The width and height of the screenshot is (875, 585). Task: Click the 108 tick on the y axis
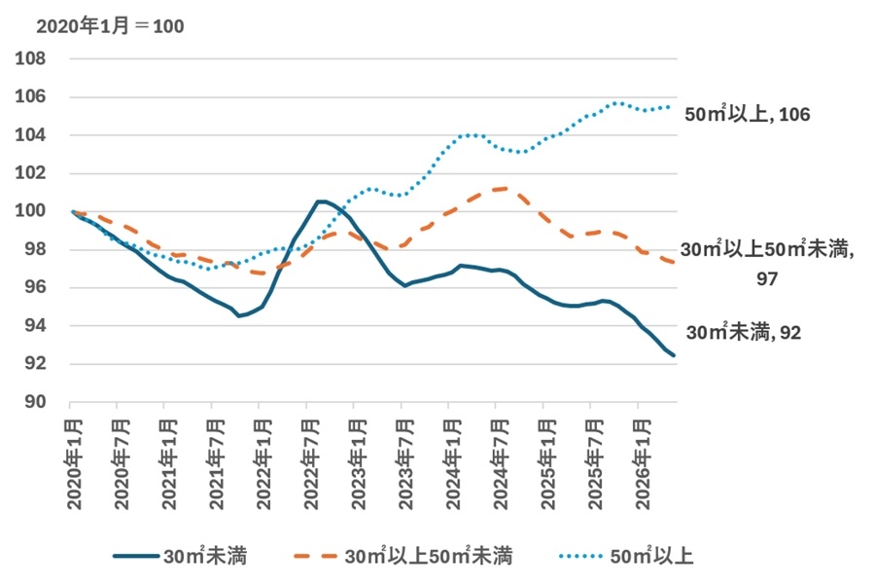(30, 58)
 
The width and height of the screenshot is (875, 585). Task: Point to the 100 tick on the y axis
(30, 211)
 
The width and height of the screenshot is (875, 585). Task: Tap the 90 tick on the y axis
(35, 402)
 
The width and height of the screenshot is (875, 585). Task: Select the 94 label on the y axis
(35, 326)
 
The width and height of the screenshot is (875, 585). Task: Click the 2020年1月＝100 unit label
(110, 26)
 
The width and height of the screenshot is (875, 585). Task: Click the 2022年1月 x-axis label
(263, 464)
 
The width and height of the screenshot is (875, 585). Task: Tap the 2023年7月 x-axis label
(405, 464)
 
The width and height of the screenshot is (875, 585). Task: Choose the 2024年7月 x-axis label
(501, 464)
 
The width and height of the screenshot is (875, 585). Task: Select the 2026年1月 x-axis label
(643, 464)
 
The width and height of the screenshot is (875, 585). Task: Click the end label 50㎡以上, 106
(748, 114)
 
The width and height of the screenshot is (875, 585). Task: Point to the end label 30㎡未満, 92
(744, 332)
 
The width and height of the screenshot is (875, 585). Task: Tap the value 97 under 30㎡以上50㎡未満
(767, 278)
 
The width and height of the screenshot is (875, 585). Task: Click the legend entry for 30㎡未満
(180, 556)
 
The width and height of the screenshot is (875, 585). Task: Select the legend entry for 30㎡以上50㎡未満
(402, 556)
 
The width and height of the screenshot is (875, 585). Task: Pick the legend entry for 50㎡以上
(626, 556)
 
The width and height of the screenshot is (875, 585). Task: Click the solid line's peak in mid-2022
(320, 201)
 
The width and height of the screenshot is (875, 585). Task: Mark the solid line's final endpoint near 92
(674, 355)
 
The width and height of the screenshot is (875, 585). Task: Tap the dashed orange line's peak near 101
(504, 189)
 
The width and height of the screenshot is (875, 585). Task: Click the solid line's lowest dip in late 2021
(239, 315)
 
